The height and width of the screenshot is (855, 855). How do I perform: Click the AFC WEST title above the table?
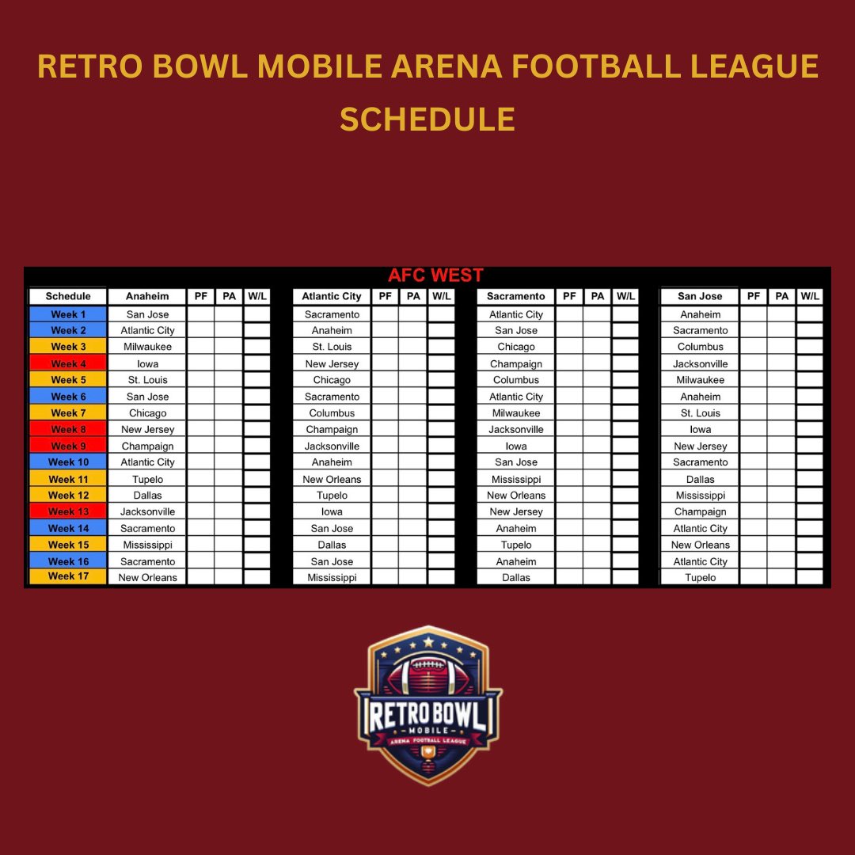click(x=435, y=276)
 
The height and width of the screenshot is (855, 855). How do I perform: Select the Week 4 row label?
click(x=68, y=363)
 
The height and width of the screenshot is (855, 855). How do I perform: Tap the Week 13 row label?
click(x=68, y=511)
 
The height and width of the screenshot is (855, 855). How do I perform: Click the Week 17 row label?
click(x=68, y=576)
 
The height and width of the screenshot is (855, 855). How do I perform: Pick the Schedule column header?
click(x=68, y=296)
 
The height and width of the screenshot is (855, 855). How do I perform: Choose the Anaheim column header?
click(x=147, y=296)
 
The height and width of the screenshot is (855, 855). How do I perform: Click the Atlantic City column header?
click(x=332, y=296)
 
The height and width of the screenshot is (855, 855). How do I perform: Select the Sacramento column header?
click(x=516, y=296)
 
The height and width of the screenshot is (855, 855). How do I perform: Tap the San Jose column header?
click(x=700, y=296)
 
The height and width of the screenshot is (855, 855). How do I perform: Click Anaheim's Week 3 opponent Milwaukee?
click(x=147, y=347)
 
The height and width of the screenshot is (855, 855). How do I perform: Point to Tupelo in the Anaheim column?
click(x=147, y=479)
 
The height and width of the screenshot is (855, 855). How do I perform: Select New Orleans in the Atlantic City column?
click(x=332, y=479)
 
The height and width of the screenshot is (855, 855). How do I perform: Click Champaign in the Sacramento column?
click(x=516, y=363)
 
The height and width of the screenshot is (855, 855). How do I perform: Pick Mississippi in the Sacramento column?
click(x=516, y=479)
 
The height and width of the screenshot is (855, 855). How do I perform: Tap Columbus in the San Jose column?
click(x=700, y=347)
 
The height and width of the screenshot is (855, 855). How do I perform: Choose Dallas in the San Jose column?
click(x=700, y=479)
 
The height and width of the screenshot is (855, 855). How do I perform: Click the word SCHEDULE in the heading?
click(x=427, y=120)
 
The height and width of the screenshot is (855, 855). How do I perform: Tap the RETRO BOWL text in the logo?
click(x=427, y=712)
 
